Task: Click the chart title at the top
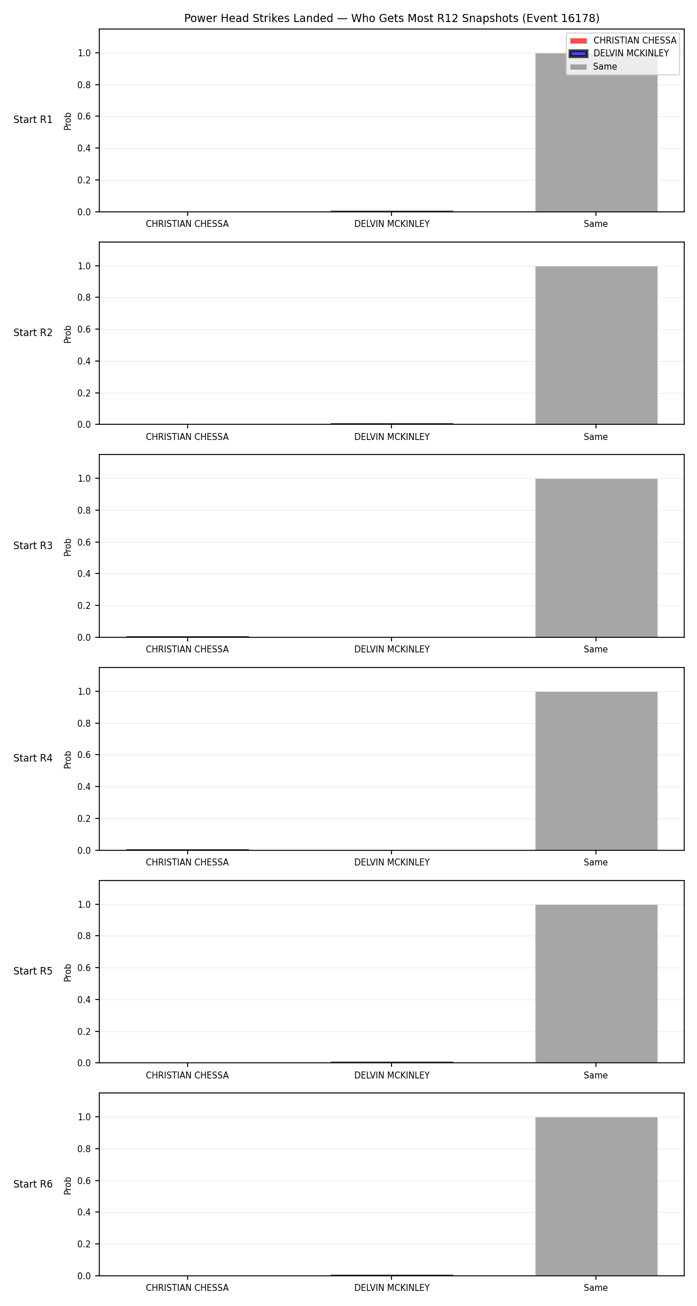(x=391, y=19)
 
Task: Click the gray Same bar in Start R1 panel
(x=596, y=132)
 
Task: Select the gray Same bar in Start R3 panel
(x=596, y=558)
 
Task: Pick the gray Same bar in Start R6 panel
(x=596, y=1196)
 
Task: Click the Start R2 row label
(x=33, y=333)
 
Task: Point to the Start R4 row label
(x=33, y=758)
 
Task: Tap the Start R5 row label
(x=33, y=971)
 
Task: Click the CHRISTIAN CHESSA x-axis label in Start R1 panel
(x=187, y=224)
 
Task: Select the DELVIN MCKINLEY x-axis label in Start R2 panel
(x=392, y=437)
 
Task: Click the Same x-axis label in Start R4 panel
(x=596, y=863)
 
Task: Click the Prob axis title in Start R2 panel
(x=68, y=334)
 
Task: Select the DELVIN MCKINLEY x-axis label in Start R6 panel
(x=392, y=1288)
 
